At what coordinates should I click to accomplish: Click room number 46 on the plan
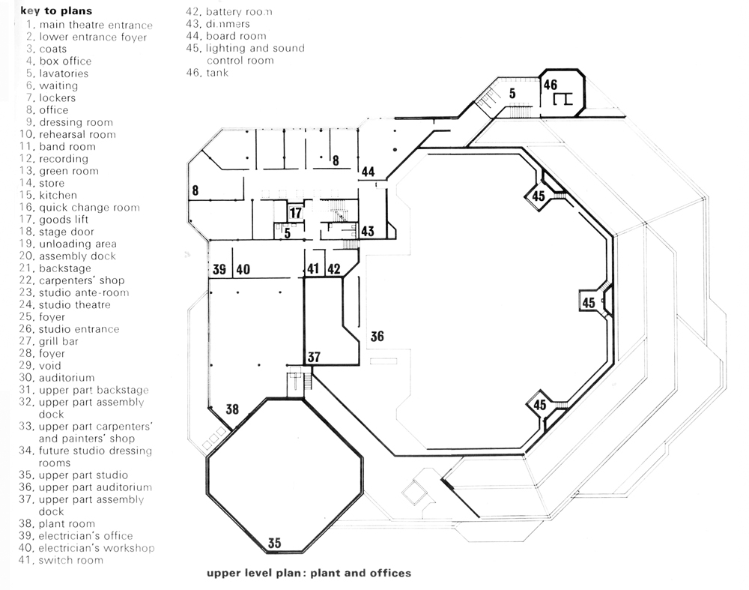(551, 85)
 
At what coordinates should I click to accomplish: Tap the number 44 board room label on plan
(368, 172)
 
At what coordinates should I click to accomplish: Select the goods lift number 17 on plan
(296, 213)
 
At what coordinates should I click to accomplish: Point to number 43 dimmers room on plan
(367, 232)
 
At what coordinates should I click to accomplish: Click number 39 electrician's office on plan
(219, 269)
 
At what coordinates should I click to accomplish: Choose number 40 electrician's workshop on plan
(243, 269)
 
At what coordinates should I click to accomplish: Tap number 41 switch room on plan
(313, 268)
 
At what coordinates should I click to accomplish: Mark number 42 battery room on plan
(333, 268)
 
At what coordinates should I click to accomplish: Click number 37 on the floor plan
(314, 357)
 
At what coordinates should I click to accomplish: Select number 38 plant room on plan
(232, 409)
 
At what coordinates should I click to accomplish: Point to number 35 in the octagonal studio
(274, 543)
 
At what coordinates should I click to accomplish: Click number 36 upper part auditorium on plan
(377, 337)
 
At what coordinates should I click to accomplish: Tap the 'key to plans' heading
(56, 10)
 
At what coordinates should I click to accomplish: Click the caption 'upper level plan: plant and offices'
(309, 573)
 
